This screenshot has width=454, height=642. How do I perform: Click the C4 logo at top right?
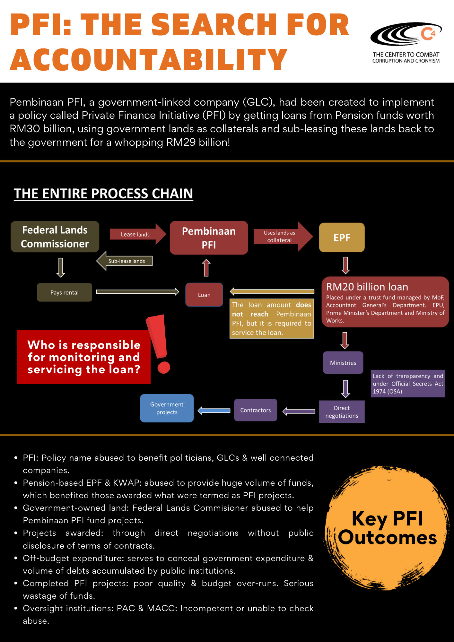406,34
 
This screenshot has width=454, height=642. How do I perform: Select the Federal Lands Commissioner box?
55,237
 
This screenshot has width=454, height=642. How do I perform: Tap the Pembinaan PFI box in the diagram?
209,238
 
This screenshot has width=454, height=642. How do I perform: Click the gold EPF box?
342,238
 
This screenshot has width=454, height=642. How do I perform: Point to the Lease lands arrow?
137,234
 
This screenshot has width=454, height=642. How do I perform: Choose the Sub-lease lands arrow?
125,261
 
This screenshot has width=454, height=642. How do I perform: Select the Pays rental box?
65,292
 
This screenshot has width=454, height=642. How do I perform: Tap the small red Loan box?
204,295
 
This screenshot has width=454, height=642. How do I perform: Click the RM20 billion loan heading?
367,287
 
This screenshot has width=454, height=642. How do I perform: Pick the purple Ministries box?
343,363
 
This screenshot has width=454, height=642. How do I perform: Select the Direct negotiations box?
342,412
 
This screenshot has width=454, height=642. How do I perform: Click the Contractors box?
256,410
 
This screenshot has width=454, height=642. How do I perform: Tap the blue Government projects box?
167,408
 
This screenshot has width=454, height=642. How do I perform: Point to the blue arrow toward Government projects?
214,411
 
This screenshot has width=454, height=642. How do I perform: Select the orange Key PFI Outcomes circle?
387,528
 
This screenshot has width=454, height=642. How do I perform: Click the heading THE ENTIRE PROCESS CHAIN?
103,194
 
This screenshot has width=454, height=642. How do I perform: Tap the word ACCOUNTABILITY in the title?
149,60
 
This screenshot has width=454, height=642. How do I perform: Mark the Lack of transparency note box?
408,384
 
